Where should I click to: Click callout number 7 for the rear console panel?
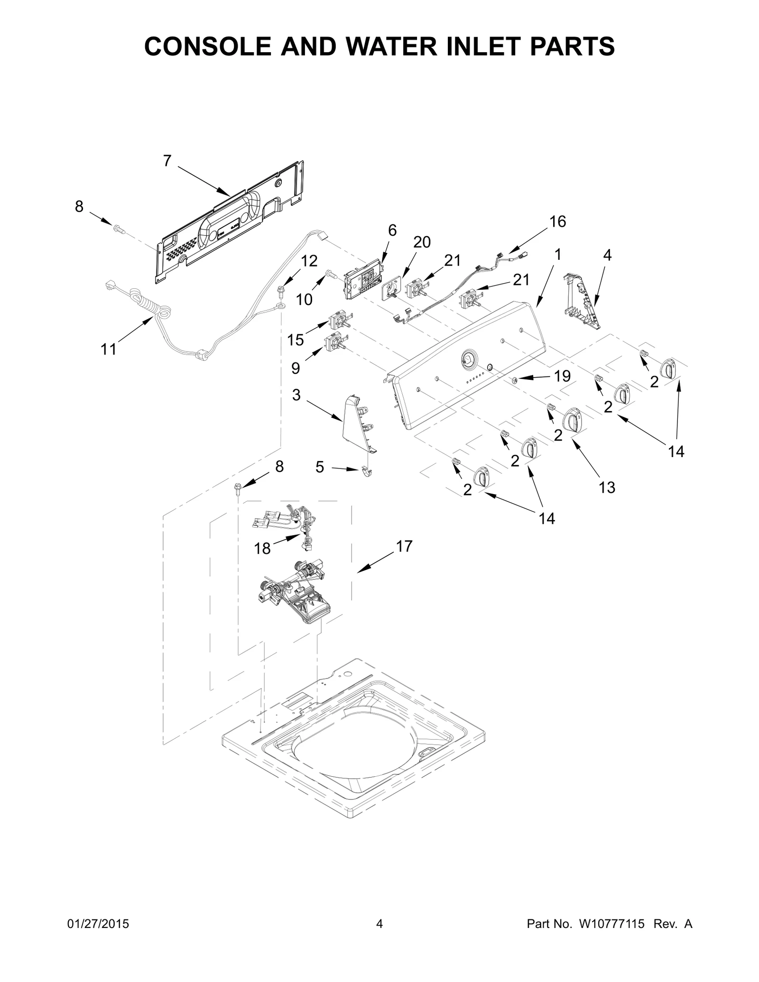point(167,161)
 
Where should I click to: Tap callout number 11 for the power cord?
point(109,349)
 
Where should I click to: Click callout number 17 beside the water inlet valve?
point(404,546)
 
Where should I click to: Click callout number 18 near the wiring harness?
point(262,549)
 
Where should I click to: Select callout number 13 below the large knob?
point(607,487)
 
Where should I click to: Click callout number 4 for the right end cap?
point(607,255)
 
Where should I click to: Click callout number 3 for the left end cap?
point(296,395)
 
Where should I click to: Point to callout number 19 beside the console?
point(562,376)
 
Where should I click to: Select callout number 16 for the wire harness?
point(558,221)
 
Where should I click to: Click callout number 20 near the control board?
point(422,242)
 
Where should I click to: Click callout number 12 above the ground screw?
point(309,261)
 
